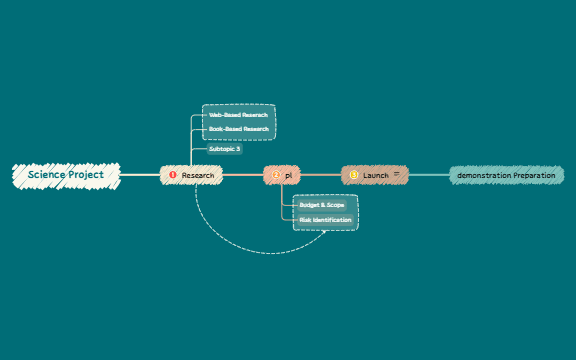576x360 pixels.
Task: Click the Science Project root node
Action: click(x=66, y=175)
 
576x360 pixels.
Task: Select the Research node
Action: click(x=197, y=175)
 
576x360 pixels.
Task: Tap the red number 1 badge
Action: click(x=172, y=175)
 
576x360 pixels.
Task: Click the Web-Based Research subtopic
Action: click(x=238, y=115)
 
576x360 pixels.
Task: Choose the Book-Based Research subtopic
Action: click(x=238, y=129)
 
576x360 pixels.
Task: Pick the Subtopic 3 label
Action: click(x=224, y=148)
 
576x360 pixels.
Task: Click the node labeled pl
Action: click(x=289, y=175)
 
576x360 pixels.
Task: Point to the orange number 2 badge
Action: click(x=276, y=175)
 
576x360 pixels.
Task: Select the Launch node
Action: click(x=375, y=175)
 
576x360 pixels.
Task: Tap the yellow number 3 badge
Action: click(x=353, y=175)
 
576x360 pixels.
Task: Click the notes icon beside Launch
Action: click(x=396, y=174)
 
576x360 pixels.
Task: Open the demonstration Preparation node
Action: click(x=505, y=175)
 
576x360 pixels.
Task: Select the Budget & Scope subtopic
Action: click(x=321, y=204)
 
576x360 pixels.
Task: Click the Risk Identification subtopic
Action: click(x=325, y=219)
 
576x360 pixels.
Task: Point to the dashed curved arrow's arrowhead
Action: click(x=325, y=233)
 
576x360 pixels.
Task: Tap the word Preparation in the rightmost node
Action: click(x=534, y=175)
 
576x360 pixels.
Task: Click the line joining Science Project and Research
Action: click(x=140, y=175)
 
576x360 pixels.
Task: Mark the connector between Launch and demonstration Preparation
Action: click(x=429, y=175)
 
